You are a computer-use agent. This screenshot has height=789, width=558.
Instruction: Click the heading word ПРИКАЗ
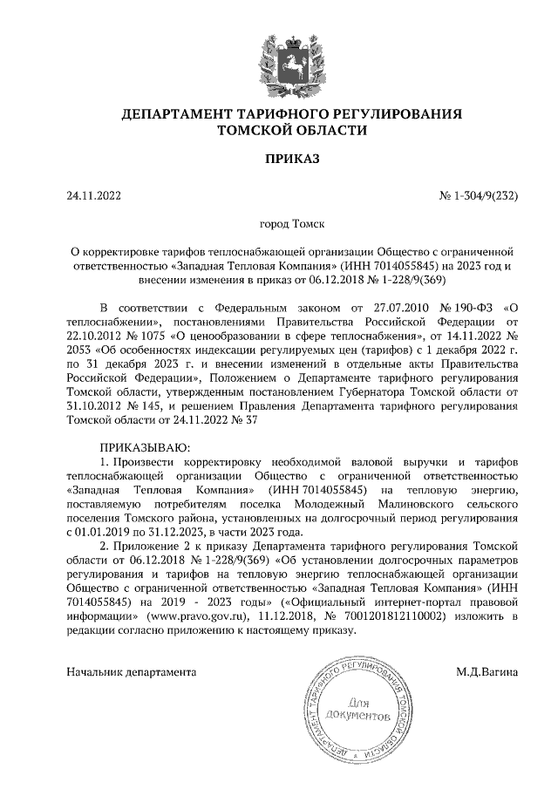pos(279,159)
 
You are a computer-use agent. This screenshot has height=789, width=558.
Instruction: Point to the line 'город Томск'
pos(279,223)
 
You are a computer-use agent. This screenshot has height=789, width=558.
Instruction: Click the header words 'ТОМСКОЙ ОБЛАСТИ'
pos(279,130)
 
